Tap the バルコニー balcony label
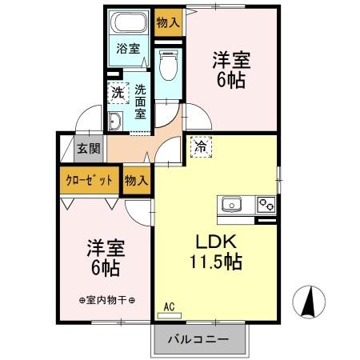198,339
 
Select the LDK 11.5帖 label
215,251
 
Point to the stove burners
266,205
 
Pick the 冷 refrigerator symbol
200,147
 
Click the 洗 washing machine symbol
118,93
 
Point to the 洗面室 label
140,101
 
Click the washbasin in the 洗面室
114,121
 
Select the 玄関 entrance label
89,148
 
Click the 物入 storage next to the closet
136,180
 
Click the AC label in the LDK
170,306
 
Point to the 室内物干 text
106,300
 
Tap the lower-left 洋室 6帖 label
103,257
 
